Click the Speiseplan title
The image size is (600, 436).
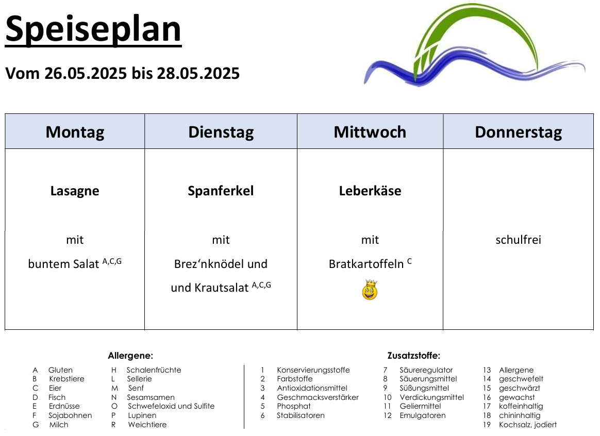pos(93,30)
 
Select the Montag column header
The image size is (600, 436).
pos(75,132)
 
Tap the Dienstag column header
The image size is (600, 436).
pos(221,132)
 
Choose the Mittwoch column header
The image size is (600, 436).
pos(370,132)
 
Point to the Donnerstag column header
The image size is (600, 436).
pos(519,132)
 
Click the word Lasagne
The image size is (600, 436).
pos(75,191)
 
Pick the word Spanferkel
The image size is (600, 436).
pos(221,191)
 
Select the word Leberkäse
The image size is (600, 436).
pos(370,191)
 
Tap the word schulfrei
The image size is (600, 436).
pos(519,240)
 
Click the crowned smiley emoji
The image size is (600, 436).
pos(370,290)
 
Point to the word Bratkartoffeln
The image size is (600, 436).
pos(366,264)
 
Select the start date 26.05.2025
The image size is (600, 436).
pos(86,73)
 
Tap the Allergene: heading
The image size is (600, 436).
pos(130,356)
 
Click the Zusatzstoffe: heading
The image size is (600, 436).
pos(413,356)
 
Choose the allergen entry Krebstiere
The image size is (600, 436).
pos(66,379)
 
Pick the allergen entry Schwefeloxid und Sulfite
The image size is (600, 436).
pos(171,406)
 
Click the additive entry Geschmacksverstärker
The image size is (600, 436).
pos(318,397)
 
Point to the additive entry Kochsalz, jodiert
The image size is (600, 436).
pos(528,425)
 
